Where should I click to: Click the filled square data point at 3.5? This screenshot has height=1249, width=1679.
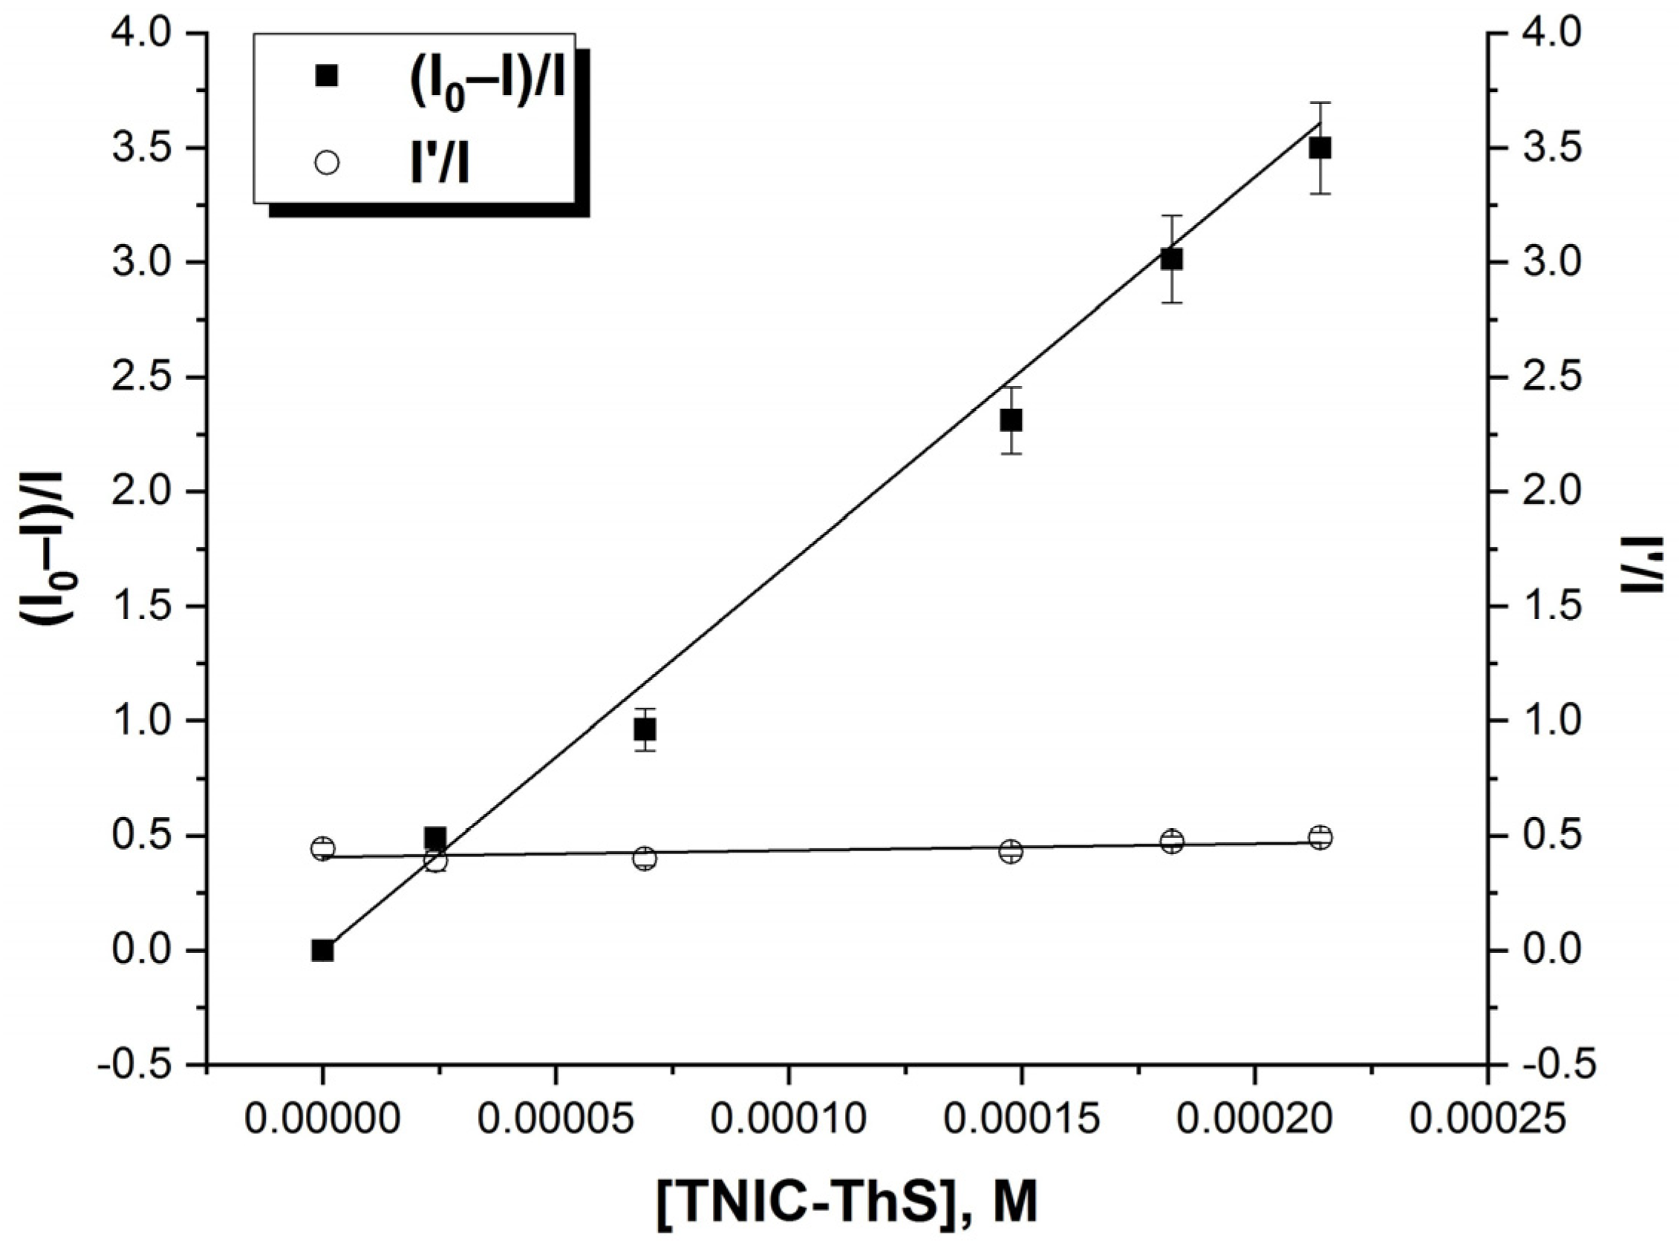[x=1320, y=148]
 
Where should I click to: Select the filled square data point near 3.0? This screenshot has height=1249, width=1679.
[x=1172, y=259]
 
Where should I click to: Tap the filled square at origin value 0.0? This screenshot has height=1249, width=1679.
[x=323, y=951]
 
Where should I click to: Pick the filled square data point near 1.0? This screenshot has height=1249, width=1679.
[x=645, y=730]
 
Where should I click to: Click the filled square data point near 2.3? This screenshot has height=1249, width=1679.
[x=1011, y=420]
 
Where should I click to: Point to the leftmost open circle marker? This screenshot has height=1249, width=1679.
[x=323, y=848]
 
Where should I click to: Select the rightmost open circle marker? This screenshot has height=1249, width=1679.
[x=1320, y=837]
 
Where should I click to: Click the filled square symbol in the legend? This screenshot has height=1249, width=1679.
[x=327, y=76]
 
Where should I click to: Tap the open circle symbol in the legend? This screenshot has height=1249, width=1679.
[x=327, y=163]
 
